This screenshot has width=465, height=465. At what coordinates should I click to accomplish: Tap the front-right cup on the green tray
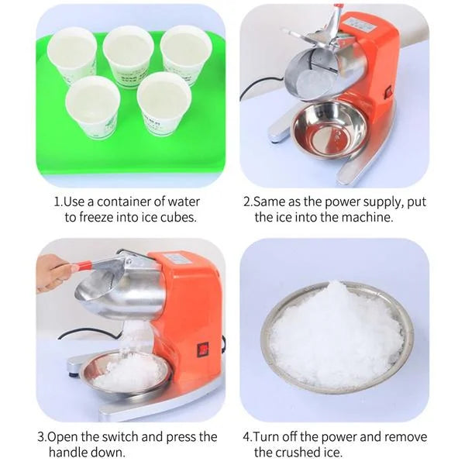(x=164, y=103)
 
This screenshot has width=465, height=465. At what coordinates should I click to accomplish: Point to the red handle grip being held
(x=83, y=266)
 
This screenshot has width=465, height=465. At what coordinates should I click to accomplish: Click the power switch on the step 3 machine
(x=203, y=349)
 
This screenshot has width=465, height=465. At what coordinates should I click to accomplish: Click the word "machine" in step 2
(x=363, y=218)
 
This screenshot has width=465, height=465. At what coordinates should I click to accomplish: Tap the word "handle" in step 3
(x=70, y=453)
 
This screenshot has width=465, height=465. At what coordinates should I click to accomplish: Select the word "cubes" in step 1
(x=178, y=218)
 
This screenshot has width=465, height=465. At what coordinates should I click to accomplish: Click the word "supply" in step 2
(x=381, y=201)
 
